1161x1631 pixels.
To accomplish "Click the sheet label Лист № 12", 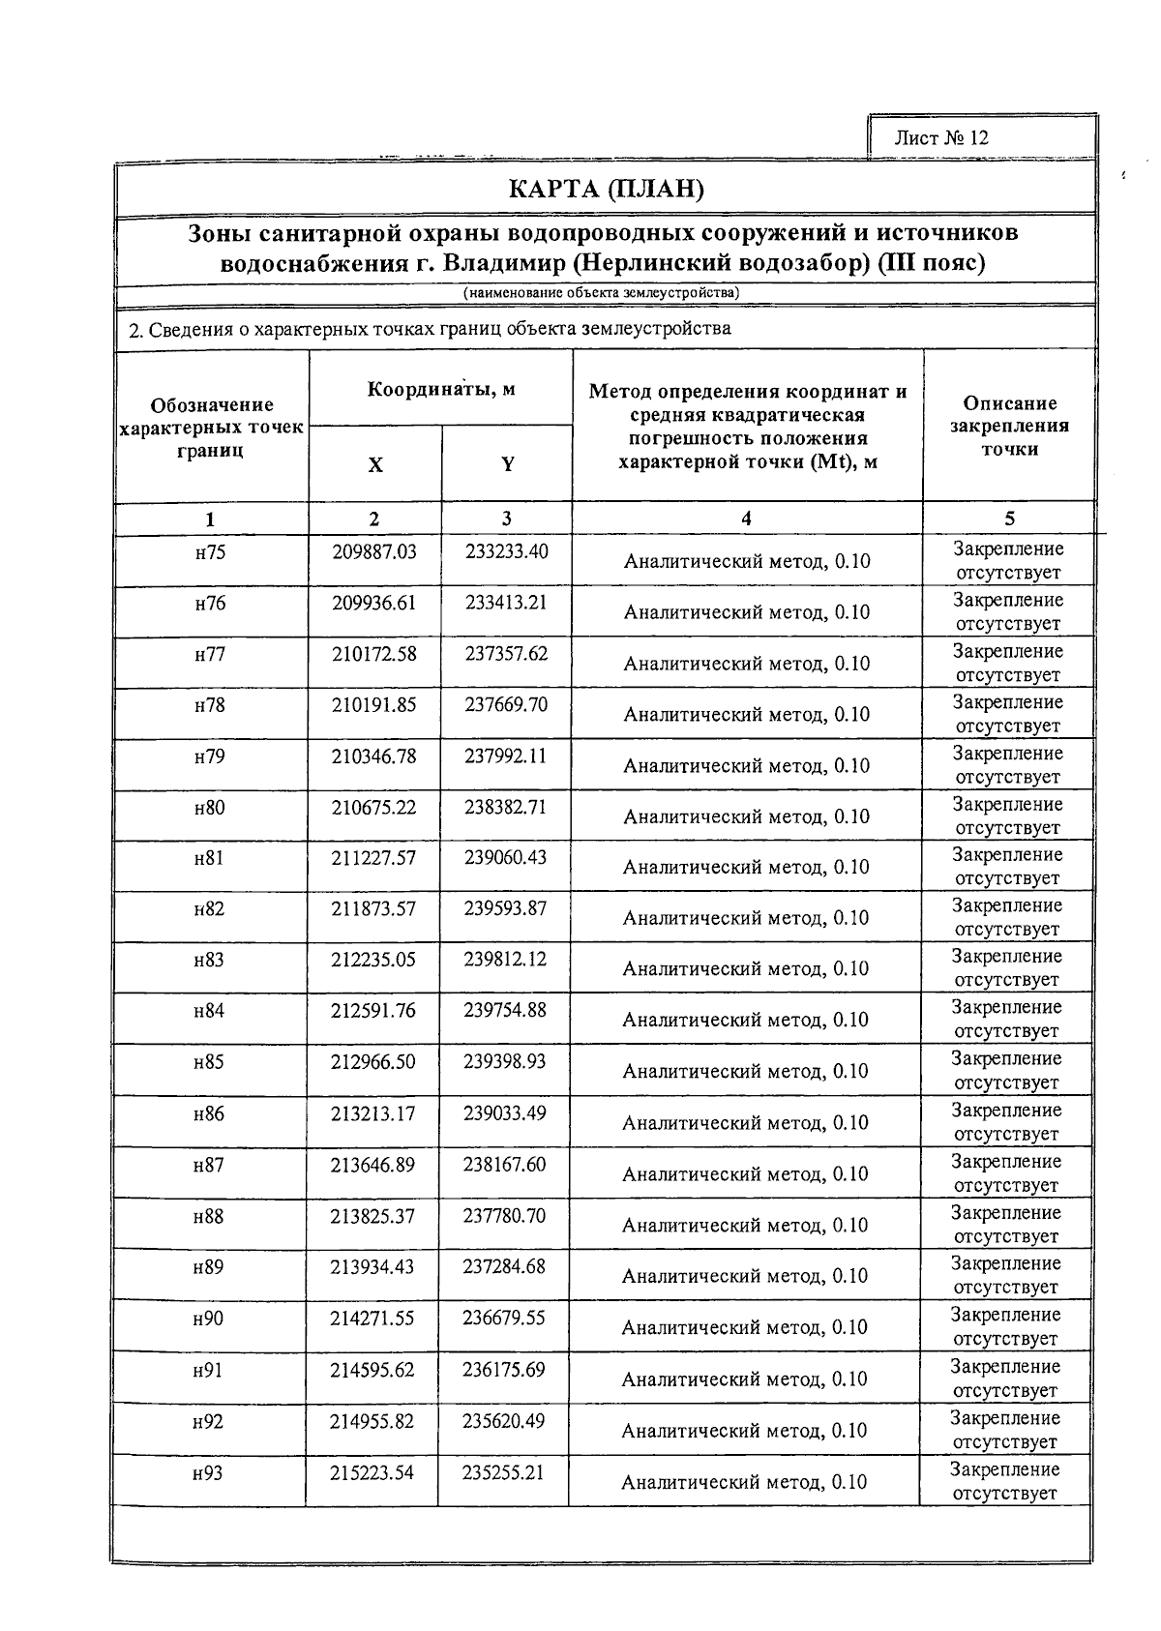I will [940, 137].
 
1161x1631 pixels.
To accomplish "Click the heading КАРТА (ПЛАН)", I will [606, 189].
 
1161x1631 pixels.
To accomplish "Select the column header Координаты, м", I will [440, 389].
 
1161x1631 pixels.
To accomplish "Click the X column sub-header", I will [374, 464].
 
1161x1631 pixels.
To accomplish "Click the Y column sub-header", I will [507, 464].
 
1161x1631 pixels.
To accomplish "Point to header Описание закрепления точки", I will [1009, 426].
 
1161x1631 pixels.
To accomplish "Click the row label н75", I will [210, 552].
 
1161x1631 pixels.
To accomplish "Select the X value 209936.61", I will [373, 604].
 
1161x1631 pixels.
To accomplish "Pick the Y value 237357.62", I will [506, 654].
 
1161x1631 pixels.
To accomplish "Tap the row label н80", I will [209, 807].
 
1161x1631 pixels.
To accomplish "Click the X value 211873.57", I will [373, 908].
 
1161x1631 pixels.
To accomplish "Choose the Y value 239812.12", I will [505, 959].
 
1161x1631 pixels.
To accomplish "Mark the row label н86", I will [208, 1113].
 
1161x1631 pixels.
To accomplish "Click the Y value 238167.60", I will [504, 1165].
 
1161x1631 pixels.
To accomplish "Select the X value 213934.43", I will [372, 1267].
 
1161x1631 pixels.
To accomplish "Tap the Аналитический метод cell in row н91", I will [744, 1379].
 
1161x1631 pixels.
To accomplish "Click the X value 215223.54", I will [372, 1472].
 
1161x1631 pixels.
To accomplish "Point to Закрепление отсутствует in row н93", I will [1004, 1481].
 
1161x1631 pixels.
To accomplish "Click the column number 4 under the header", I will [746, 519].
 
